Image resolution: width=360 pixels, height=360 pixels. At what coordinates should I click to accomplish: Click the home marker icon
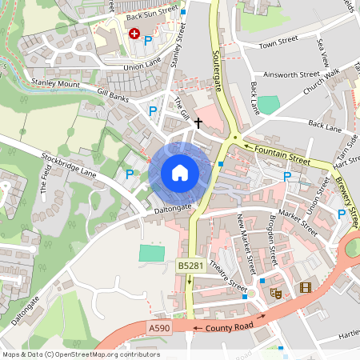tap(179, 173)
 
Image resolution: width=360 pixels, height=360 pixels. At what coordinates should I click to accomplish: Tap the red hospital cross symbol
tap(134, 34)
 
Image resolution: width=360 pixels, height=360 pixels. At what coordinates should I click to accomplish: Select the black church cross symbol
tap(197, 102)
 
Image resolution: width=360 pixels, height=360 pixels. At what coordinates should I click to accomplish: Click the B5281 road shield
tap(189, 265)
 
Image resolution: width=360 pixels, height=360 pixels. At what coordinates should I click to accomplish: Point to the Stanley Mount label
tap(55, 82)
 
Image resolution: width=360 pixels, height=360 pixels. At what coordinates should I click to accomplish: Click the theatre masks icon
tap(276, 294)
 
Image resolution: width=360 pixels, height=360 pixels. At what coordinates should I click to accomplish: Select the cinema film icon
tap(304, 287)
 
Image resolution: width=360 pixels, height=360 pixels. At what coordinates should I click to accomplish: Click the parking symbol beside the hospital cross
tap(148, 39)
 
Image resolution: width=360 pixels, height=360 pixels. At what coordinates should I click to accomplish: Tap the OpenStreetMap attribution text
tap(81, 354)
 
